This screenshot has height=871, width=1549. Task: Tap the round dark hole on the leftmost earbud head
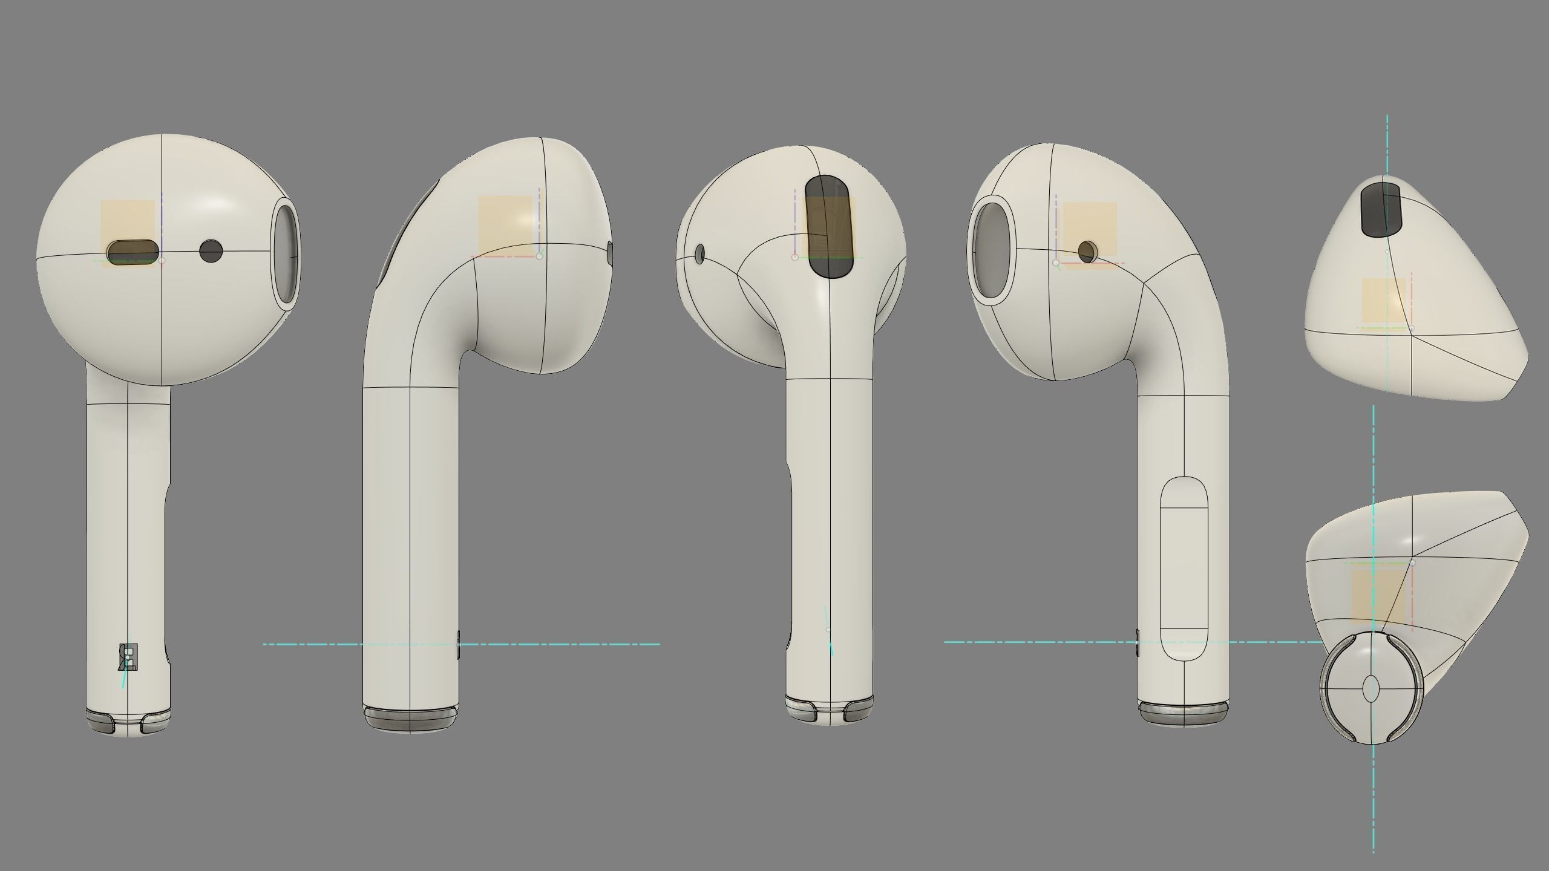pos(211,250)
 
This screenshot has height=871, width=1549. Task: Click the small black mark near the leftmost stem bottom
pos(128,657)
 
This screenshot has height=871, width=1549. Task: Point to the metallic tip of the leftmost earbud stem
pos(128,723)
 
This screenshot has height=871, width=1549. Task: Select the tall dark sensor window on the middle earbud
pos(828,227)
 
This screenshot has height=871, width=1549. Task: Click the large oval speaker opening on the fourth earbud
pos(992,250)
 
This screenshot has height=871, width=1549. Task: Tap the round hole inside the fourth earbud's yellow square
pos(1087,252)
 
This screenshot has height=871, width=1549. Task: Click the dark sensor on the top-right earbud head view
pos(1381,208)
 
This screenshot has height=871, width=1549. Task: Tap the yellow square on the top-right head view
pos(1384,300)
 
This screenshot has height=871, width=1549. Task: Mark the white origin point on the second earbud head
pos(540,256)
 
